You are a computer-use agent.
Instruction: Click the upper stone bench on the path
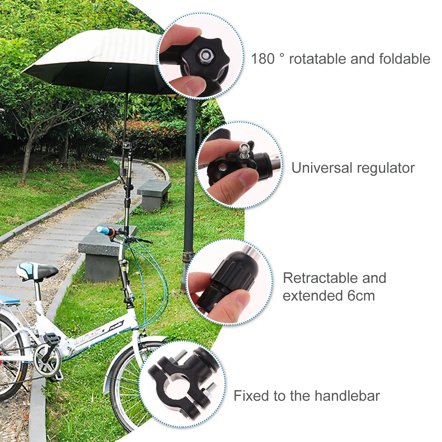tap(154, 193)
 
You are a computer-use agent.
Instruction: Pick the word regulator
tap(385, 168)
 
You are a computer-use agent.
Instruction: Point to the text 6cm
tap(361, 295)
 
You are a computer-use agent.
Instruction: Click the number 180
tap(263, 59)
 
